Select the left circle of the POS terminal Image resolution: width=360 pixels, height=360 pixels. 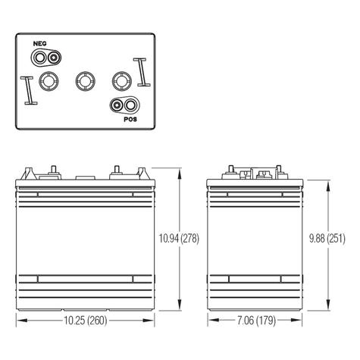(x=118, y=105)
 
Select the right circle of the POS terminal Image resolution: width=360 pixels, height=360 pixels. (x=132, y=105)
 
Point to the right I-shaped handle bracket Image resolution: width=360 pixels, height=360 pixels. (x=141, y=73)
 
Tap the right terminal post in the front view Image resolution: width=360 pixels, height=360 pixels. (x=117, y=170)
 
